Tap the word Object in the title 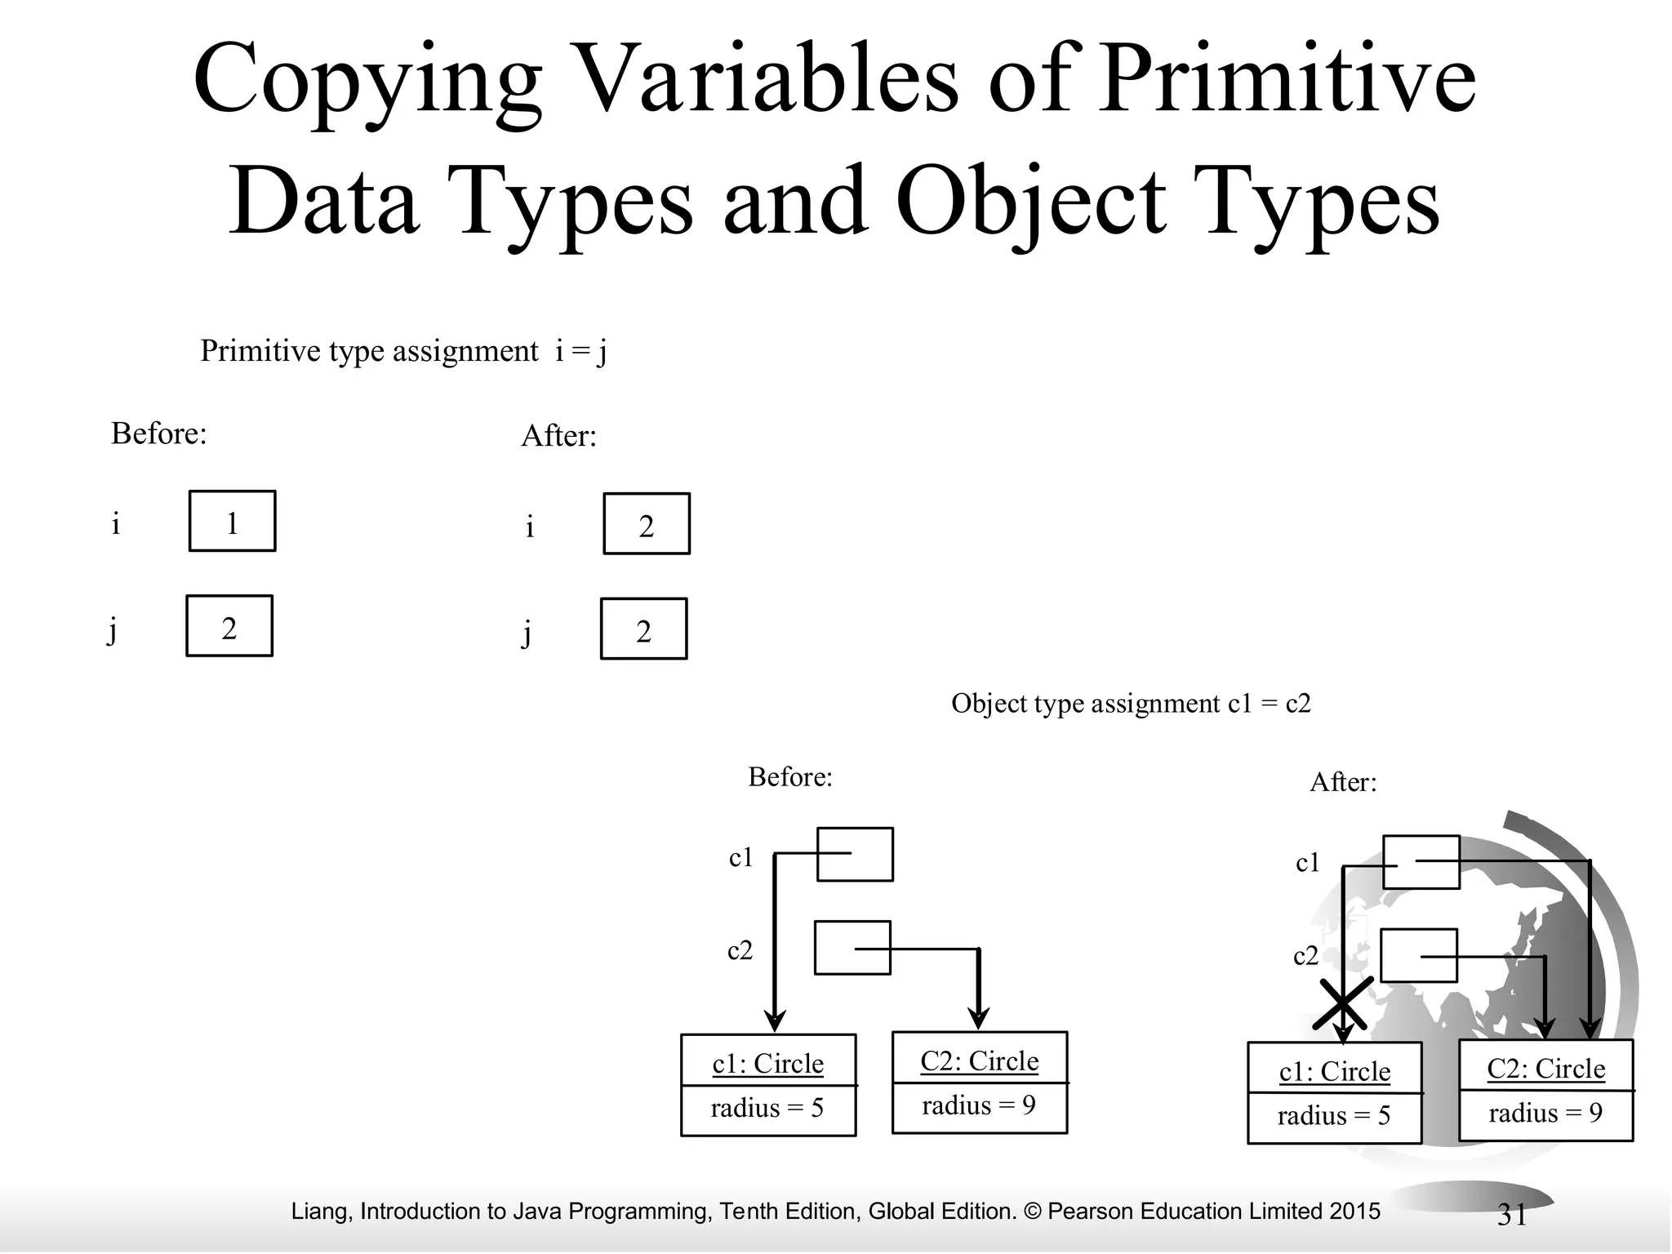(x=1031, y=201)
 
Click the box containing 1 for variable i (x=233, y=522)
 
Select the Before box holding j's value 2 (x=229, y=626)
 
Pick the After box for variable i (x=647, y=524)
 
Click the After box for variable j (x=643, y=629)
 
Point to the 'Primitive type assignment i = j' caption (x=403, y=351)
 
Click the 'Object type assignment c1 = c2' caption (x=1131, y=704)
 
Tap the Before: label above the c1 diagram (x=790, y=776)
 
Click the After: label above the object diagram (x=1343, y=782)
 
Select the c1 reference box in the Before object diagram (x=855, y=855)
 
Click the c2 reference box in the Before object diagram (x=852, y=948)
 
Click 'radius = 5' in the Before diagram (x=767, y=1108)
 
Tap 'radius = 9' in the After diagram (x=1545, y=1113)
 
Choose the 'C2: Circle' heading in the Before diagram (x=980, y=1061)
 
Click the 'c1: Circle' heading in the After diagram (x=1335, y=1070)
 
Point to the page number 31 (x=1512, y=1215)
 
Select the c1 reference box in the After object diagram (x=1421, y=862)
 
